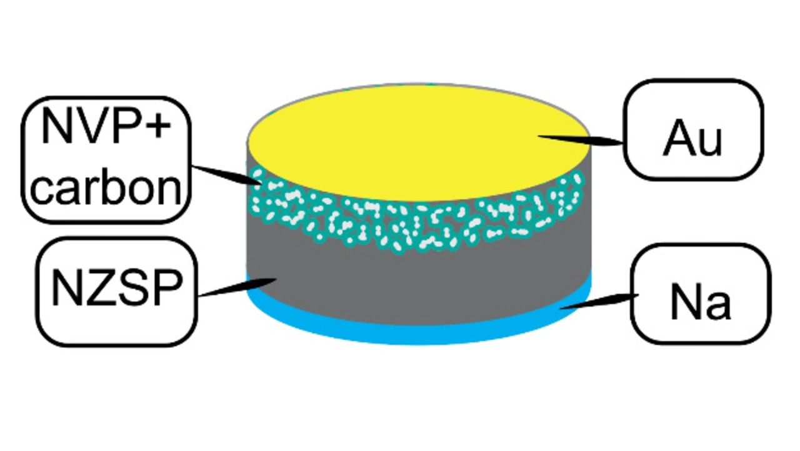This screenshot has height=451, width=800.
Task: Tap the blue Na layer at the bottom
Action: coord(419,334)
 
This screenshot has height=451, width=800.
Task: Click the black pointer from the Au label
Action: coord(581,139)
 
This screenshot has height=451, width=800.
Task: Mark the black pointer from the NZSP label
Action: coord(237,288)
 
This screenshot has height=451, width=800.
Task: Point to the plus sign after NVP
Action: coord(159,126)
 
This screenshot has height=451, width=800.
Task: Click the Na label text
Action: coord(700,302)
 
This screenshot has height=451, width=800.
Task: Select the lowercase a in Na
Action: coord(716,305)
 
